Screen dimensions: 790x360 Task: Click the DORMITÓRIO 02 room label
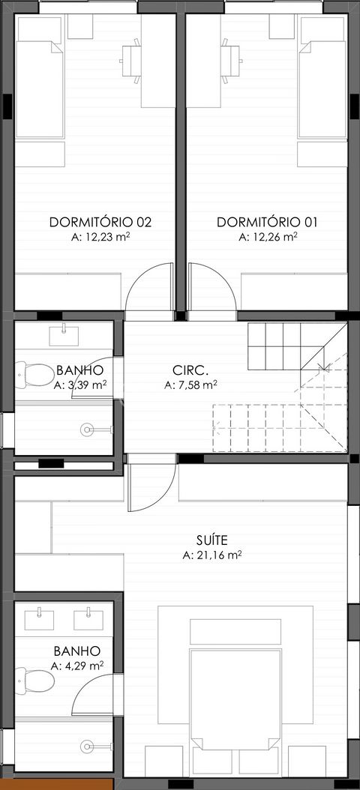pos(100,222)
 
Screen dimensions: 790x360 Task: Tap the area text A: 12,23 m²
pos(100,237)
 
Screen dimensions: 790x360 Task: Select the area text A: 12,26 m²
pos(268,237)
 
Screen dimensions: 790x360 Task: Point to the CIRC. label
pos(190,370)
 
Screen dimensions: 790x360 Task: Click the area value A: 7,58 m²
pos(190,385)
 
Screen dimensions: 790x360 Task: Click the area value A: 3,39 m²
pos(79,385)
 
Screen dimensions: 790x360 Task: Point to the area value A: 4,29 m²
pos(77,666)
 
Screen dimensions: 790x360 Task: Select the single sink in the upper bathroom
pos(66,333)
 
